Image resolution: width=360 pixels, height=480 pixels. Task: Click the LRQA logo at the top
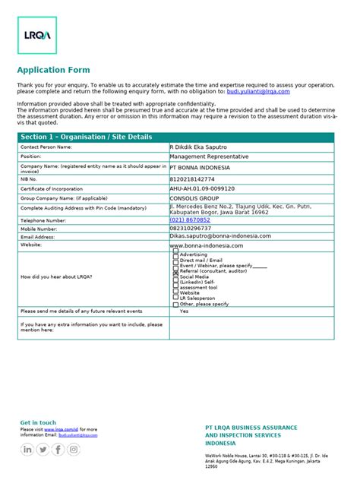coord(36,36)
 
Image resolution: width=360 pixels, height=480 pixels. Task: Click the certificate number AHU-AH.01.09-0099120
coord(202,188)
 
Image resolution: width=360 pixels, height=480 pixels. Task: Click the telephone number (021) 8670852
coord(190,219)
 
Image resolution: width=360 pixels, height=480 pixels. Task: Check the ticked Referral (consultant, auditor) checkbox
coord(176,270)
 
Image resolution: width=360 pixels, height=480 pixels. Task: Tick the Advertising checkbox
coord(176,254)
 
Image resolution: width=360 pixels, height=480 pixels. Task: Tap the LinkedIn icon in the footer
coord(28,449)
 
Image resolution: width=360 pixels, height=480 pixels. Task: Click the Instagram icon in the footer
coord(74,449)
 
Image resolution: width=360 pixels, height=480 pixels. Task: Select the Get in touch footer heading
coord(38,422)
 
